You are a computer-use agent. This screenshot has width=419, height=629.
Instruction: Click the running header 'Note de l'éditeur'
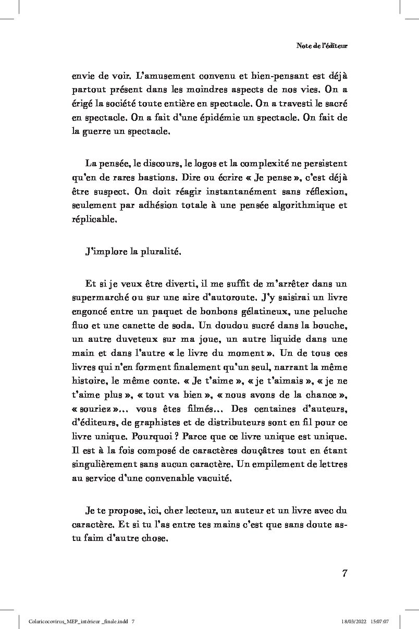tap(322, 46)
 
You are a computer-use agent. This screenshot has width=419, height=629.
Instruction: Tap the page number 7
tap(344, 574)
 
